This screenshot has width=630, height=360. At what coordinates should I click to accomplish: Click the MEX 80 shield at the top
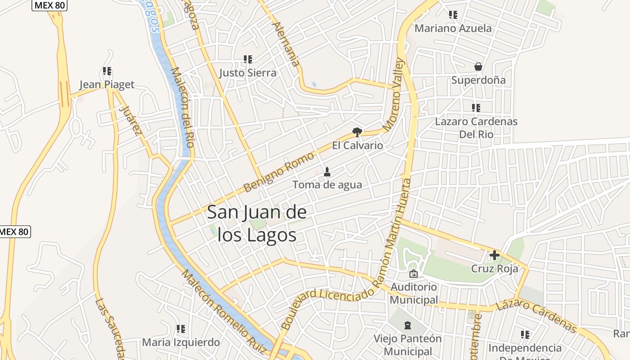(49, 5)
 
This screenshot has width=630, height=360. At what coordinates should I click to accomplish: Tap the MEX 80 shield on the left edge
(14, 232)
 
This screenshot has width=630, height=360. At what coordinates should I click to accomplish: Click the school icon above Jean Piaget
(107, 71)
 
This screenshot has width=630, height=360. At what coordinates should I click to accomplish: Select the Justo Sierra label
(248, 73)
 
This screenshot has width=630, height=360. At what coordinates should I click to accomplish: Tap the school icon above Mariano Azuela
(453, 15)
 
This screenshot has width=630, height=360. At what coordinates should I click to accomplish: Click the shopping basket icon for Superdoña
(478, 67)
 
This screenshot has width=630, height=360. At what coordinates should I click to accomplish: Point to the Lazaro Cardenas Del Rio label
(476, 128)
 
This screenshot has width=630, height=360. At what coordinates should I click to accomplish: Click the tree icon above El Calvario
(357, 132)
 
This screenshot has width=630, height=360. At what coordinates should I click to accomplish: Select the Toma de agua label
(327, 184)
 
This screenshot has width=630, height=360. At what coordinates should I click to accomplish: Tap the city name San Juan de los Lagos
(257, 224)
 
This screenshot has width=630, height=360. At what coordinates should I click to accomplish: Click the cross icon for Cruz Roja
(495, 256)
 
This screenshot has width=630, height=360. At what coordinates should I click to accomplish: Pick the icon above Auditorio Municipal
(413, 274)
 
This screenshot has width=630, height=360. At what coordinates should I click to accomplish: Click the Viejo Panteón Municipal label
(408, 345)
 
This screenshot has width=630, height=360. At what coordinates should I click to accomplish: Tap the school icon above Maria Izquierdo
(181, 329)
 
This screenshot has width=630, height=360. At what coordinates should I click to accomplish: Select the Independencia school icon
(525, 335)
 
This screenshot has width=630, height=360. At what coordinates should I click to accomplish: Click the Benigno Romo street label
(278, 172)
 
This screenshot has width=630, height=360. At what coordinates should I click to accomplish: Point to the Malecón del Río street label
(183, 107)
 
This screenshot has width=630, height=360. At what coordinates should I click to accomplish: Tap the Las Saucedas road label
(109, 328)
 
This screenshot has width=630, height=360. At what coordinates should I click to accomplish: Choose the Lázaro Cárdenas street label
(536, 311)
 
